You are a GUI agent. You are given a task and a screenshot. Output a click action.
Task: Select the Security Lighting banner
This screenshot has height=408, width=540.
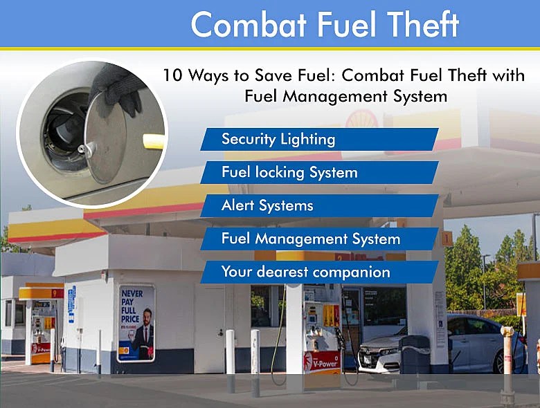[x=318, y=139]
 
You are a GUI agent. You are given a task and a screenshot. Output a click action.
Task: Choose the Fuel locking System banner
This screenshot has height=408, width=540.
[x=318, y=172]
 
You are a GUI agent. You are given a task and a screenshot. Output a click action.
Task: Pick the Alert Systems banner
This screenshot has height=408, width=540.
[x=318, y=205]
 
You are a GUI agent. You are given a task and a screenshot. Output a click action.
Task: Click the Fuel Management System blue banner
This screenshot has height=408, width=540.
[x=318, y=239]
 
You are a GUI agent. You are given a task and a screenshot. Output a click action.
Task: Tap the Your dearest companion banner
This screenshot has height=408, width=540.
[x=318, y=272]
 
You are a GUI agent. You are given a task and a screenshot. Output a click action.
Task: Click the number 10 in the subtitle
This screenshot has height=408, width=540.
[x=173, y=75]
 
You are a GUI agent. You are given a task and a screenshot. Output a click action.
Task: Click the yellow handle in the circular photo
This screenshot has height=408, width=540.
[x=154, y=141]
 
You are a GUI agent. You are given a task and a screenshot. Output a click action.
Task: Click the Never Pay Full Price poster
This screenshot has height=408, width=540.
[x=136, y=322]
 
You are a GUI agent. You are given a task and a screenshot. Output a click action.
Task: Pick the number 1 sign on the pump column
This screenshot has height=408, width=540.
[x=447, y=239]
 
